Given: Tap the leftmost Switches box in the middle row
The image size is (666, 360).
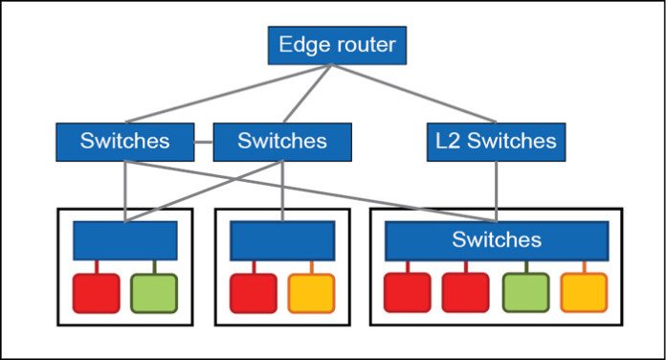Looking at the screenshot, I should point(124,142).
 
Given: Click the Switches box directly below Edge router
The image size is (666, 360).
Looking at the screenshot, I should point(281,142).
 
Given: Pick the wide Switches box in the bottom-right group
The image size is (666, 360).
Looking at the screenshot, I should point(497,239).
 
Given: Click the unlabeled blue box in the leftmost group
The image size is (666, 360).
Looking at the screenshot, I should point(125,240).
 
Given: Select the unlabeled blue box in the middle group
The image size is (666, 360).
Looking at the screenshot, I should point(281,240).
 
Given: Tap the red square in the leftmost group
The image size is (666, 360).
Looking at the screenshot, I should point(97,293).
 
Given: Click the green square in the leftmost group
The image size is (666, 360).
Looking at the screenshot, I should point(153,293).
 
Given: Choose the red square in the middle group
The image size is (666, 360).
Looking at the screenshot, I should point(254,293).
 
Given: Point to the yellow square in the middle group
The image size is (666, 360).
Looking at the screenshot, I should point(311,293).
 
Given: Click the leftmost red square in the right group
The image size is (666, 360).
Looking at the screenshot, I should point(408,293).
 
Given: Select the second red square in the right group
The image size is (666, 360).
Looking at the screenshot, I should point(466,293).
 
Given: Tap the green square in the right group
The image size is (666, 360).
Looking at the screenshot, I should point(525,293).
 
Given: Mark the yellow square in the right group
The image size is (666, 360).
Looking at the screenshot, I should point(584,293).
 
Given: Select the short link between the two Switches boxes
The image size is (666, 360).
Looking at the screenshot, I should point(203,143).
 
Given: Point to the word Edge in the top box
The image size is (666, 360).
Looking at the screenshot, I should point(300,44).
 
